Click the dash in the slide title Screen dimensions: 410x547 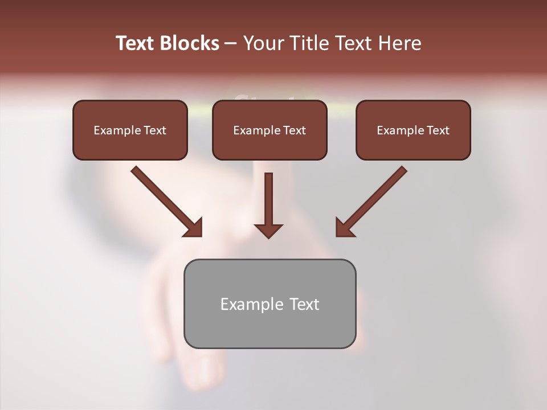click(x=231, y=44)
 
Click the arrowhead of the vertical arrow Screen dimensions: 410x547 click(x=268, y=230)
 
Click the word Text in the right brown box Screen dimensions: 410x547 click(x=438, y=130)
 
